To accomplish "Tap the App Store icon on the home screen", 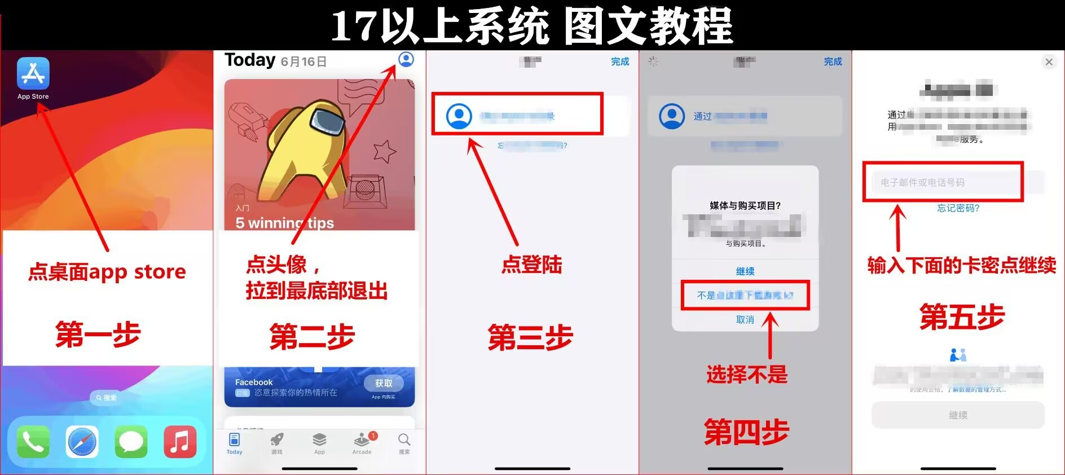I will click(x=33, y=73).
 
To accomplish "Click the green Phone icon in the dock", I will click(x=33, y=442).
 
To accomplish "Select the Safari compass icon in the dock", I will click(x=82, y=442).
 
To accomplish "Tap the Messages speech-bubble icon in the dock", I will click(x=131, y=442).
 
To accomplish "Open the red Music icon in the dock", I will click(x=180, y=442).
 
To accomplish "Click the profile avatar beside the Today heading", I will click(x=406, y=59).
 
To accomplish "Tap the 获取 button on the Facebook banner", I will click(x=384, y=384).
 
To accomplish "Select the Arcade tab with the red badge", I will click(x=362, y=443).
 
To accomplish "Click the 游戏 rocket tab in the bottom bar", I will click(x=276, y=443).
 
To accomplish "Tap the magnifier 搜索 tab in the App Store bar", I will click(x=404, y=443).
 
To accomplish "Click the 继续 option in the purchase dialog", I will click(x=745, y=271).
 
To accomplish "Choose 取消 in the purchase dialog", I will click(x=745, y=320).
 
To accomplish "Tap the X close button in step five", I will click(x=1049, y=62).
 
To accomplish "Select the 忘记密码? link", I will click(x=958, y=208).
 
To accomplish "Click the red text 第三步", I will click(x=530, y=337).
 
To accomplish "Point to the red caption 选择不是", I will click(x=746, y=374).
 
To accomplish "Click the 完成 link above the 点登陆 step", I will click(x=620, y=61).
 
